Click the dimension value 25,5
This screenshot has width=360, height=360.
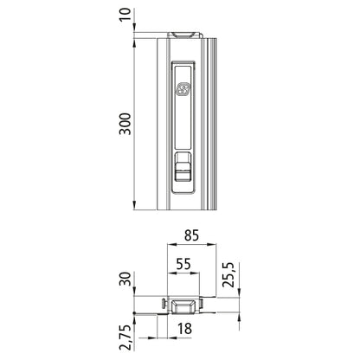click(228, 277)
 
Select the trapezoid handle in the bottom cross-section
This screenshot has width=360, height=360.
click(183, 305)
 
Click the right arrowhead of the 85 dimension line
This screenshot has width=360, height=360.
click(213, 246)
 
